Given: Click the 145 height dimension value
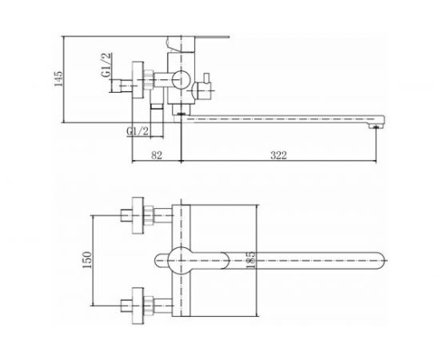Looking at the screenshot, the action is click(58, 79).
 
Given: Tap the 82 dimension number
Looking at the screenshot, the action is click(157, 155).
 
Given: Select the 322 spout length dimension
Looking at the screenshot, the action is click(278, 155).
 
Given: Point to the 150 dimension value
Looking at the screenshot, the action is click(87, 260).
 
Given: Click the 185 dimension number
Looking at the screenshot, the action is click(250, 260).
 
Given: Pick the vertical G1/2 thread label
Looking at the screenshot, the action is click(106, 65).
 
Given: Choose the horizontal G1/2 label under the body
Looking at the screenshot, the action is click(138, 130).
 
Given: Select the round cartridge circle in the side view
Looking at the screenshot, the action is click(182, 80).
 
